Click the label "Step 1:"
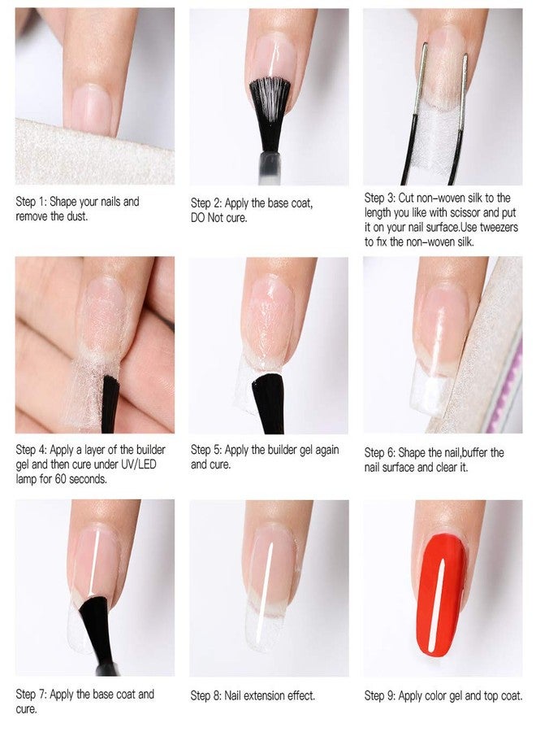(x=31, y=201)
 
